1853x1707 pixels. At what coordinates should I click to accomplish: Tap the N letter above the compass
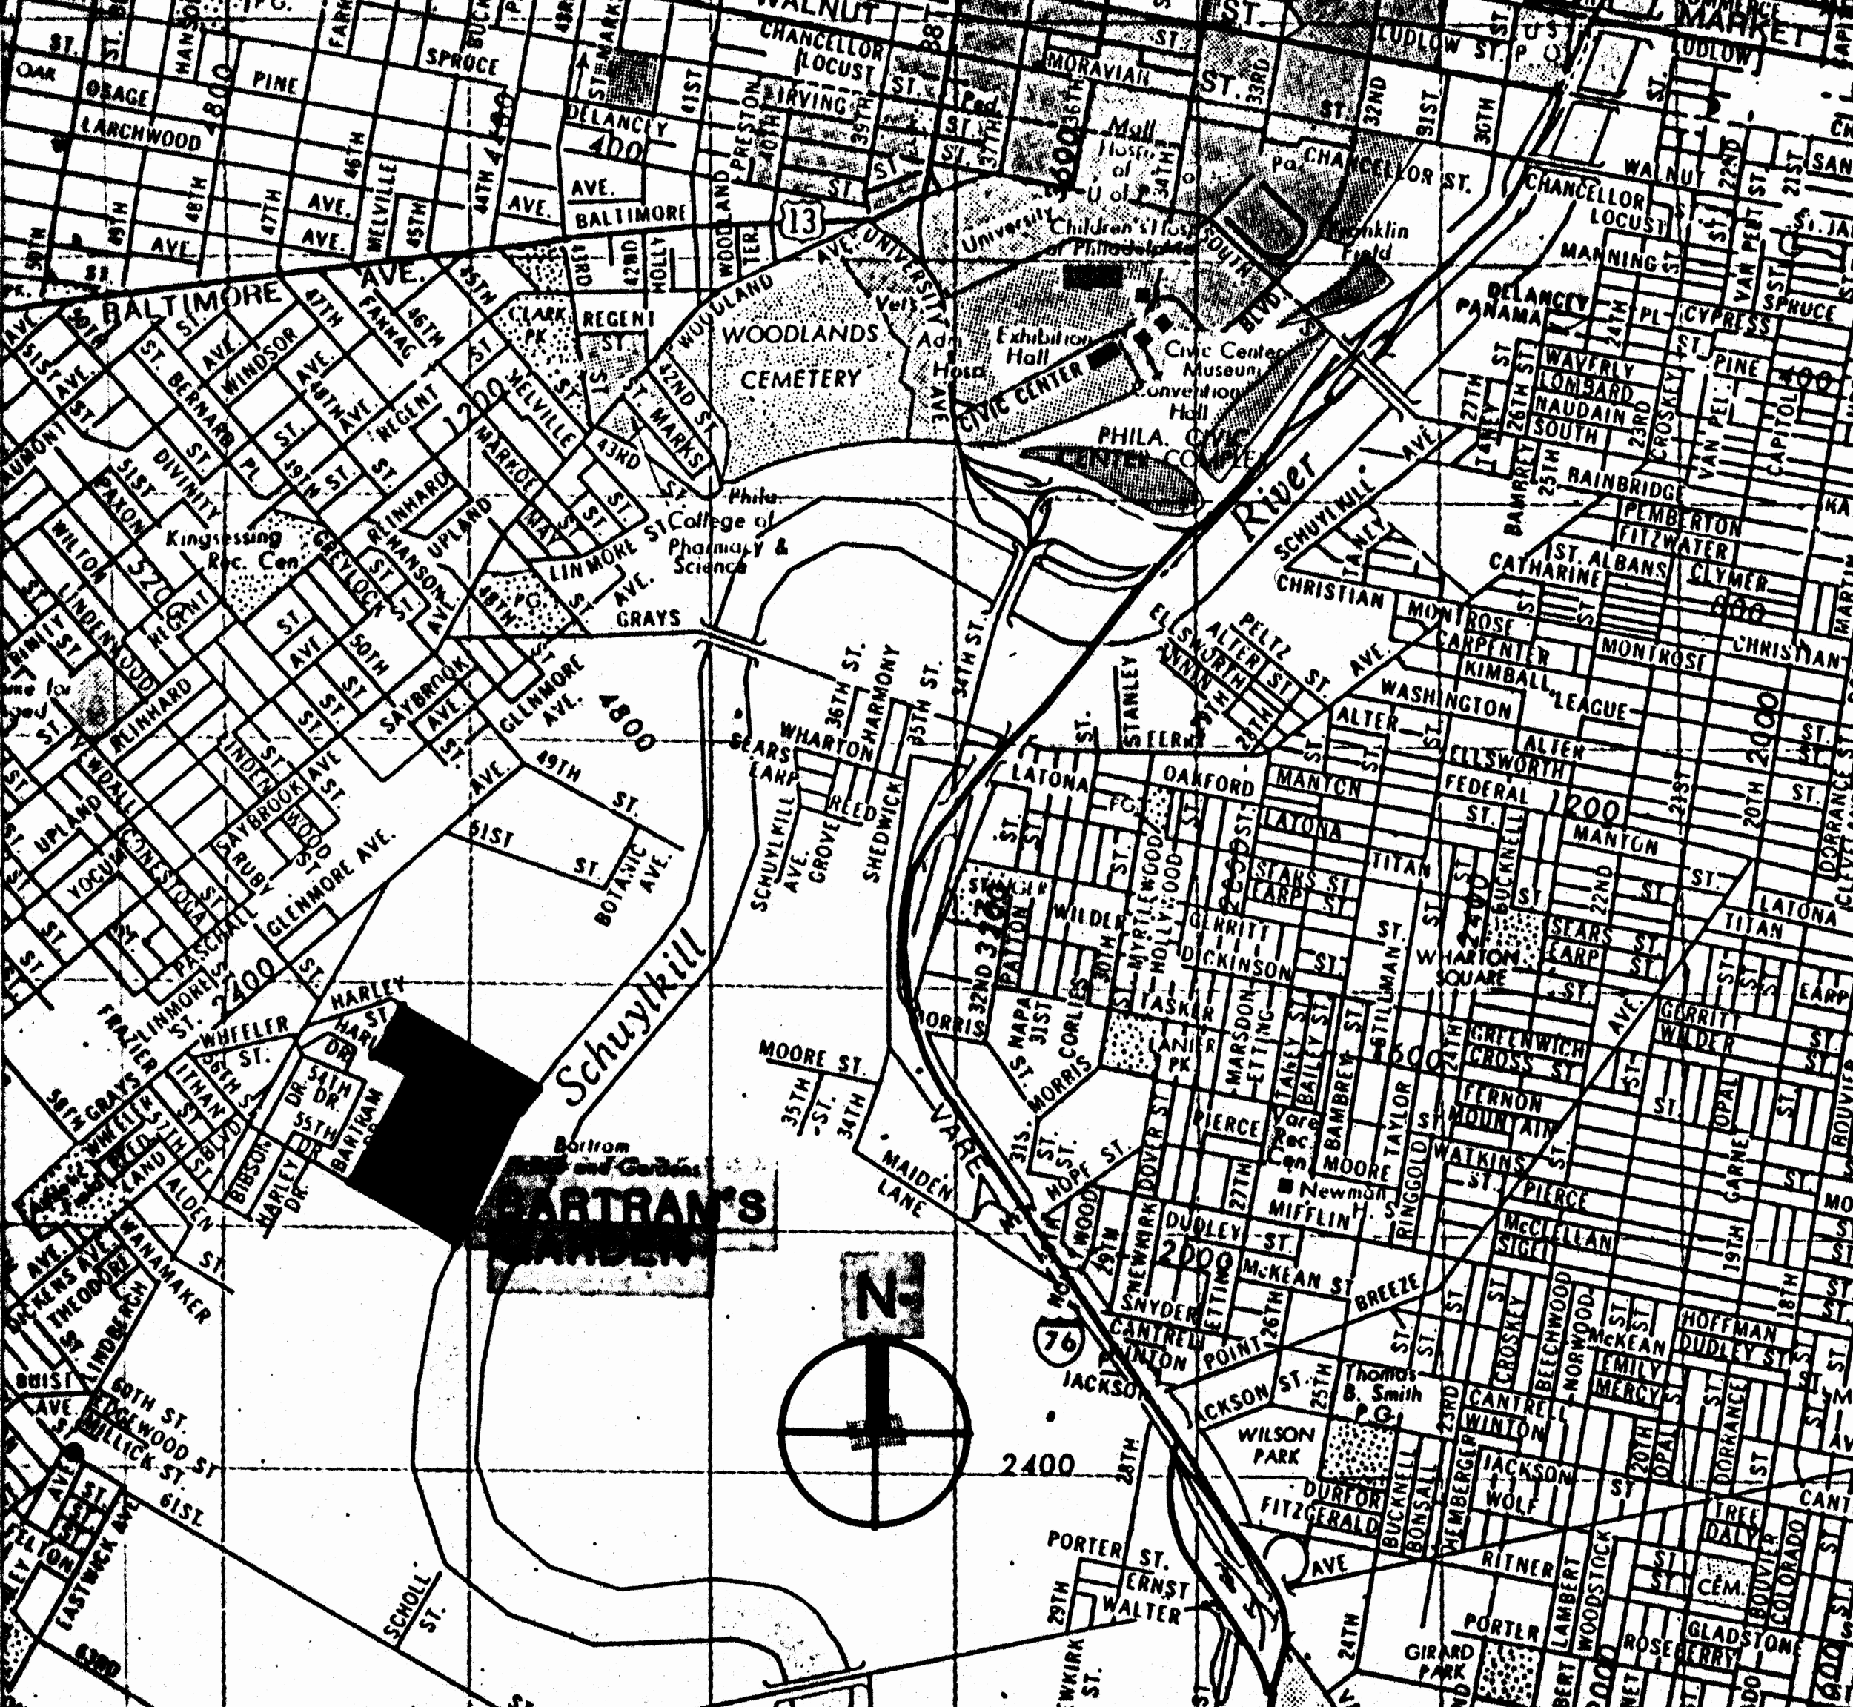[x=881, y=1298]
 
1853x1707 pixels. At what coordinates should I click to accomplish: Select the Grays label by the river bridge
[x=649, y=617]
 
